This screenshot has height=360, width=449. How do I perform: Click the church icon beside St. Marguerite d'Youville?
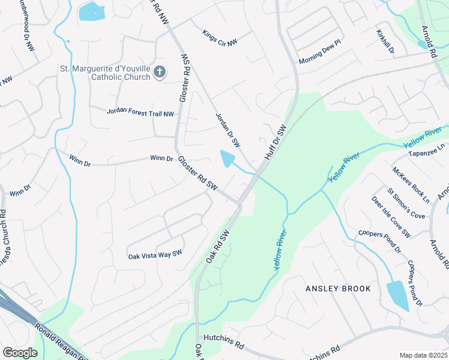click(160, 73)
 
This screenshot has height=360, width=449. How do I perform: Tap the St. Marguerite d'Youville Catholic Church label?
click(105, 73)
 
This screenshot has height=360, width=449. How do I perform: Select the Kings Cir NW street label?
click(220, 38)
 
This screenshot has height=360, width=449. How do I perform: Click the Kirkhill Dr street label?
click(385, 43)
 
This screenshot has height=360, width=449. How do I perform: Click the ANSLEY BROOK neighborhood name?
click(338, 289)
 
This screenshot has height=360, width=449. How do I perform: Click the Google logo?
click(20, 353)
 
